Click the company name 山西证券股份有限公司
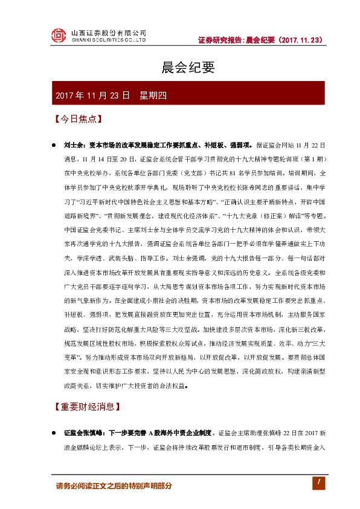tap(108, 31)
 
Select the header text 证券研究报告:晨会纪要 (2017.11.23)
tap(260, 41)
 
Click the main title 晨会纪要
tap(180, 67)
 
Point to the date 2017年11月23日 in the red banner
tap(92, 96)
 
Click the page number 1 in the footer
tap(315, 482)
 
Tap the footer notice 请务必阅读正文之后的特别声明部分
tap(114, 485)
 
